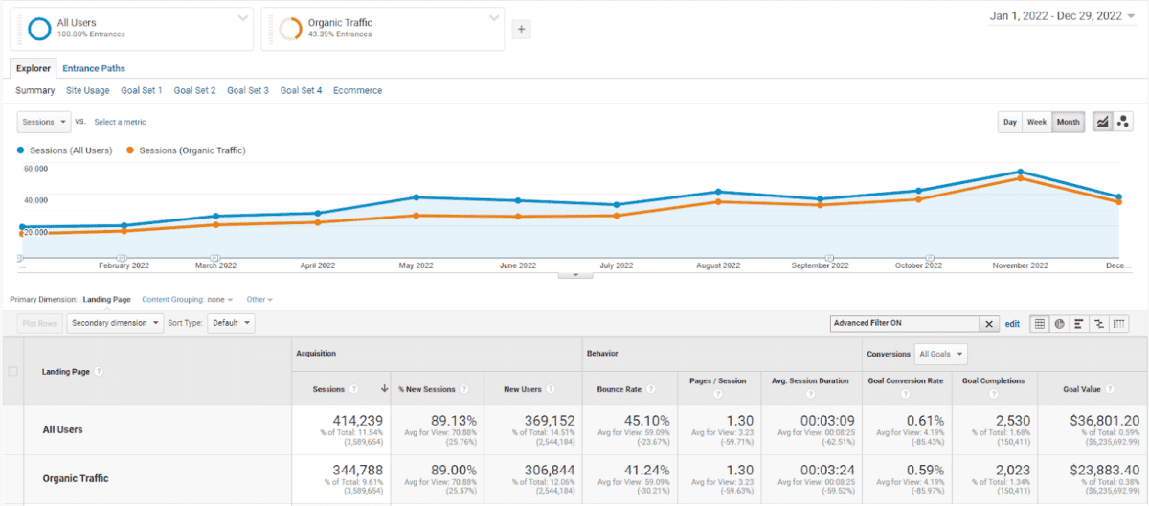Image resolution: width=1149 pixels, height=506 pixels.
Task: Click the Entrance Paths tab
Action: point(94,68)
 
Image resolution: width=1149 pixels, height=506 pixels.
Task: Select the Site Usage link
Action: point(87,90)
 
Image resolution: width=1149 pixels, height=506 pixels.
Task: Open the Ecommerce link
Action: point(357,90)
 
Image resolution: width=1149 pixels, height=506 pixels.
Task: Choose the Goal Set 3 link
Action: point(248,90)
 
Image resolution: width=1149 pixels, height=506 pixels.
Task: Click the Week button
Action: point(1037,122)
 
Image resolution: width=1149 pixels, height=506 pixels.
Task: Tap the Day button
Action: point(1010,122)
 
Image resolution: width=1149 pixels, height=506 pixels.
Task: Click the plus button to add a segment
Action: point(522,30)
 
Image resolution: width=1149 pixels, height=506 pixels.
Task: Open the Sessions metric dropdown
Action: point(44,122)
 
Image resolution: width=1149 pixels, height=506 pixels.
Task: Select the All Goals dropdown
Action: point(940,354)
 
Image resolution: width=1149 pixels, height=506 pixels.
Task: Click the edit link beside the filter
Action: point(1012,324)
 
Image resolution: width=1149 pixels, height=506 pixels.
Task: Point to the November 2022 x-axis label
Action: point(1021,265)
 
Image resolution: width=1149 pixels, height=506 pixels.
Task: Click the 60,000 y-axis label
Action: point(35,169)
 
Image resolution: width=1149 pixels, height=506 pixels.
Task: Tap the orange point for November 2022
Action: point(1021,178)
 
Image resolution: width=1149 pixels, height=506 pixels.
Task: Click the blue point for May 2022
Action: point(416,197)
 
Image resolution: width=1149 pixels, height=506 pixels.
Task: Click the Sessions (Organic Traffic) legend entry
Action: point(191,150)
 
